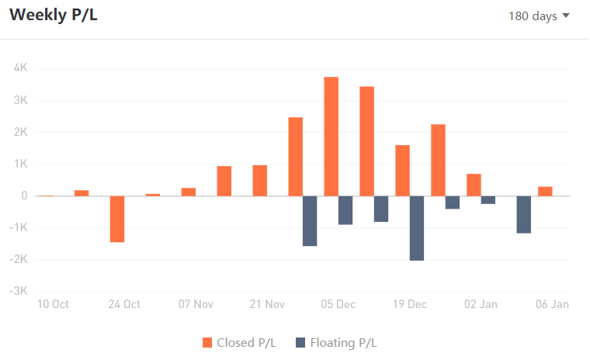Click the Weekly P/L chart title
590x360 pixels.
click(54, 16)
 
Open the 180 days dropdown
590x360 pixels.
click(539, 16)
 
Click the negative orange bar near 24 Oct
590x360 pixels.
click(117, 219)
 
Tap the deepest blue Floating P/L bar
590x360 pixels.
click(417, 228)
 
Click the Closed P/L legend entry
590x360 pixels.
click(239, 342)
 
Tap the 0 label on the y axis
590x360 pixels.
click(24, 196)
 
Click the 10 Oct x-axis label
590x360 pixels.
click(53, 304)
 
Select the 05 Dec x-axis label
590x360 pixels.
click(338, 304)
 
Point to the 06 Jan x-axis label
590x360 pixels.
click(553, 304)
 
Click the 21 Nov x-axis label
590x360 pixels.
click(267, 304)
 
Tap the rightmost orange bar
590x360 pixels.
click(545, 191)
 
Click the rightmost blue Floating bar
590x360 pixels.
click(524, 214)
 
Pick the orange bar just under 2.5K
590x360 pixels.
click(295, 157)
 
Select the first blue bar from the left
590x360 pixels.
click(310, 221)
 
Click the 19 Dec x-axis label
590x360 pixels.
click(410, 304)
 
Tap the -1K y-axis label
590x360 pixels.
click(19, 228)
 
